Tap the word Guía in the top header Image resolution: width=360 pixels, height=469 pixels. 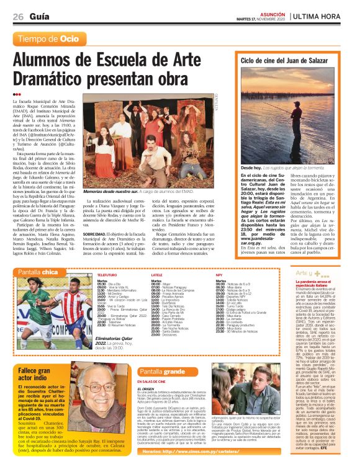click(x=38, y=17)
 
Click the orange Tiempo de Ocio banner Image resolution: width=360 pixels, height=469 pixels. click(x=49, y=38)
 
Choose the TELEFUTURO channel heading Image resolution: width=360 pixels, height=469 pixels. click(x=107, y=274)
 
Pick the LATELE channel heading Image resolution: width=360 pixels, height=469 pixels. click(x=157, y=274)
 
